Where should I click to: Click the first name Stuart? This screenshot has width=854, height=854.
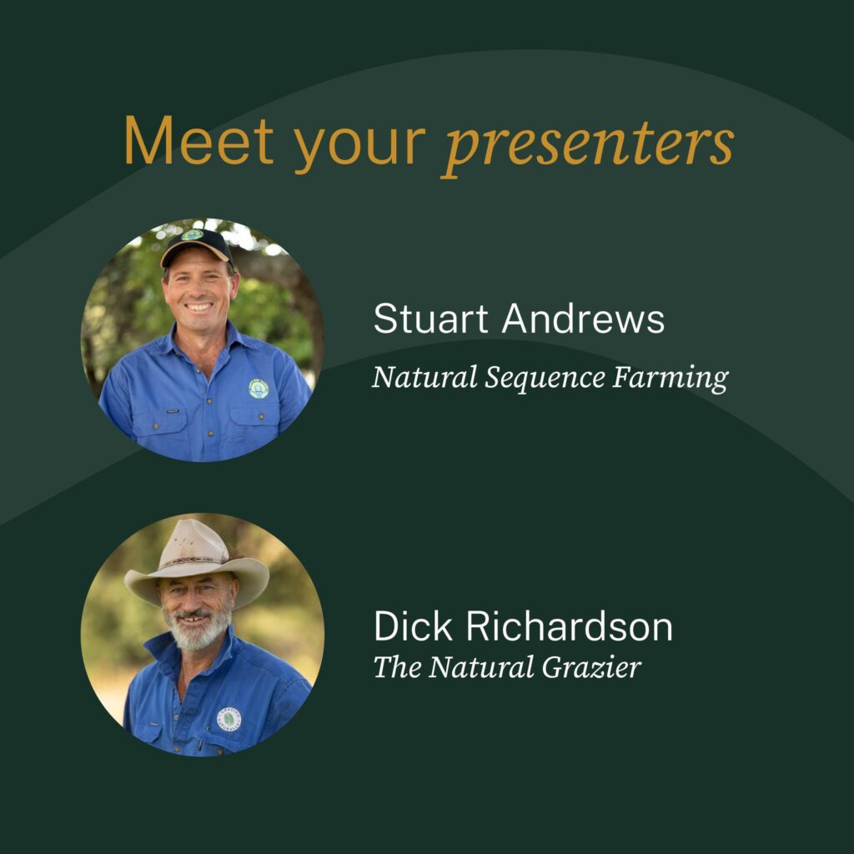pyautogui.click(x=431, y=319)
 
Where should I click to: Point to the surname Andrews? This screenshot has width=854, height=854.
pyautogui.click(x=583, y=319)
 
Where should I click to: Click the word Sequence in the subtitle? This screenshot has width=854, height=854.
pyautogui.click(x=545, y=379)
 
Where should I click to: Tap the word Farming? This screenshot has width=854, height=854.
pyautogui.click(x=671, y=379)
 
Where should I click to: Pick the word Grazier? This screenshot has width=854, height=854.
pyautogui.click(x=591, y=667)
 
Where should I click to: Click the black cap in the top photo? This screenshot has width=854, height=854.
pyautogui.click(x=197, y=246)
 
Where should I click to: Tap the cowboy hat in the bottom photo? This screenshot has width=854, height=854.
pyautogui.click(x=196, y=564)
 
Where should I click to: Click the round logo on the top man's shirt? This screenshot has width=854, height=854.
pyautogui.click(x=259, y=389)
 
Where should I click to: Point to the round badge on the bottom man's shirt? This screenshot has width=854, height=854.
pyautogui.click(x=229, y=719)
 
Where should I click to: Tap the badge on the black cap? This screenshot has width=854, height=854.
pyautogui.click(x=193, y=235)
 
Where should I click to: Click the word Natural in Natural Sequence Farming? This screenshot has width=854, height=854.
pyautogui.click(x=424, y=378)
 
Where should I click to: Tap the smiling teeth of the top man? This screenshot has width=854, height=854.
pyautogui.click(x=198, y=307)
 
